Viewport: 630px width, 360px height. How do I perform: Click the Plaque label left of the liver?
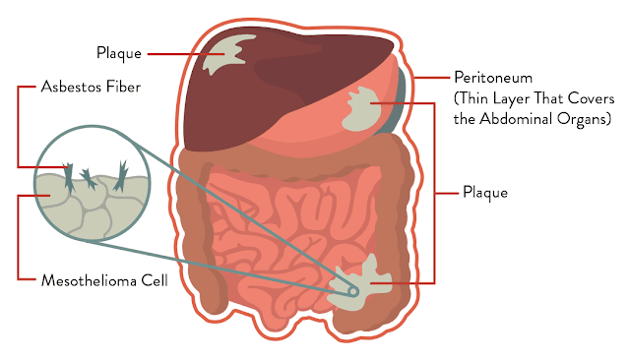119,53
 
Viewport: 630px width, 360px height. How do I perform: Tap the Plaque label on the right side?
485,193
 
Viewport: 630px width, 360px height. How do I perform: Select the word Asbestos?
71,87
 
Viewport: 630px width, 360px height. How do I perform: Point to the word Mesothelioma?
89,280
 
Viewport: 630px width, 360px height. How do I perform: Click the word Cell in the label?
155,280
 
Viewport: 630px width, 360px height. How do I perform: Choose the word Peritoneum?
493,78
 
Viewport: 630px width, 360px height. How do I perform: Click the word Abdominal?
516,119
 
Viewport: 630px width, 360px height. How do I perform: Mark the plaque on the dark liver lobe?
225,54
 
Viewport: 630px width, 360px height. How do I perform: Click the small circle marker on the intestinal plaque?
353,291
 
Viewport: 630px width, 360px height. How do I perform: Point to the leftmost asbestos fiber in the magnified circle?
69,177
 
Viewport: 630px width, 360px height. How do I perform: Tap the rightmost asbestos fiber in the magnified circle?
120,175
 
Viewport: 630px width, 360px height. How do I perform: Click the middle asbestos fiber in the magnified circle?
89,179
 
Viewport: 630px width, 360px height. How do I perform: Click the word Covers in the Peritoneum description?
592,98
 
